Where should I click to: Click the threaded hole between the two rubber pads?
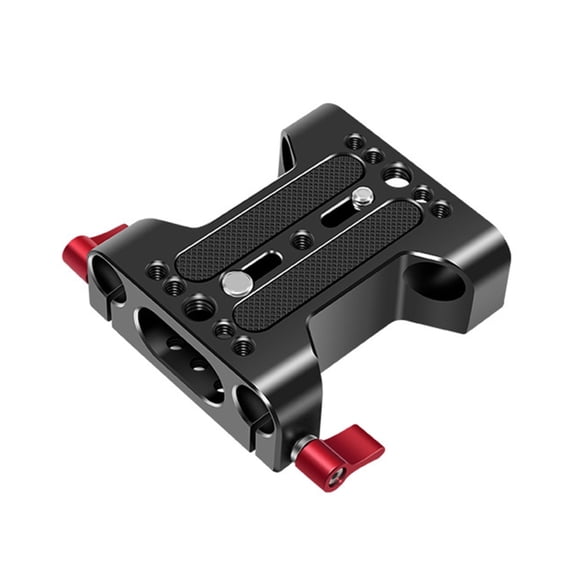tap(300, 240)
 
